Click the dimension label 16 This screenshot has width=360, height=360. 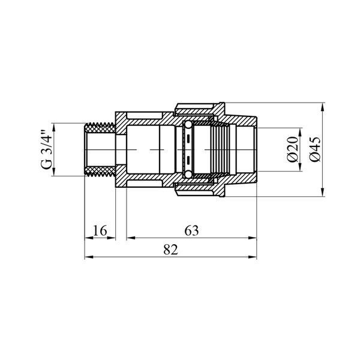point(100,230)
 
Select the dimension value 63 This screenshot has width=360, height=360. point(192,230)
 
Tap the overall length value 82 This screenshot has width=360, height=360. point(171,250)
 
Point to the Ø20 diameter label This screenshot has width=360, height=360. point(292,149)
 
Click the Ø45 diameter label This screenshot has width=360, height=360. point(314,149)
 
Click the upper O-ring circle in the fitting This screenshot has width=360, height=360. point(188,125)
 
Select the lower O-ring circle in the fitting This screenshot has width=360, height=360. point(188,175)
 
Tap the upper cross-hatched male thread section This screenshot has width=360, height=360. point(100,128)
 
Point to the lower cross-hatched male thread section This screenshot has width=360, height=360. point(100,171)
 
